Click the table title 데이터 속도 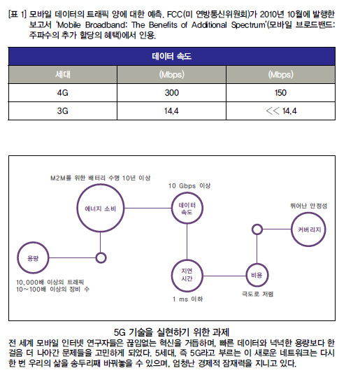pos(171,57)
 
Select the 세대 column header pos(63,74)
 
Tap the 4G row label pos(63,92)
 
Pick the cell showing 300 pos(171,92)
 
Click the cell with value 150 pos(280,92)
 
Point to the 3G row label pos(63,111)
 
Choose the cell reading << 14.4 pos(281,111)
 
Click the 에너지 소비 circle pos(101,185)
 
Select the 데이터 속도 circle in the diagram pos(187,193)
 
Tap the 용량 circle pos(33,242)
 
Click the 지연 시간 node pos(187,260)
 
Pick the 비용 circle pos(257,264)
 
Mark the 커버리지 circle pos(309,213)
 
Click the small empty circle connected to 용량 pos(101,253)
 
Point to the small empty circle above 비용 pos(257,225)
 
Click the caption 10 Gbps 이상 pos(189,185)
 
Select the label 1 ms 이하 pos(188,299)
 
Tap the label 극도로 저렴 pos(257,294)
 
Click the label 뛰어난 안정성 pos(309,206)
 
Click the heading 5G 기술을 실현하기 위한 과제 pos(171,332)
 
